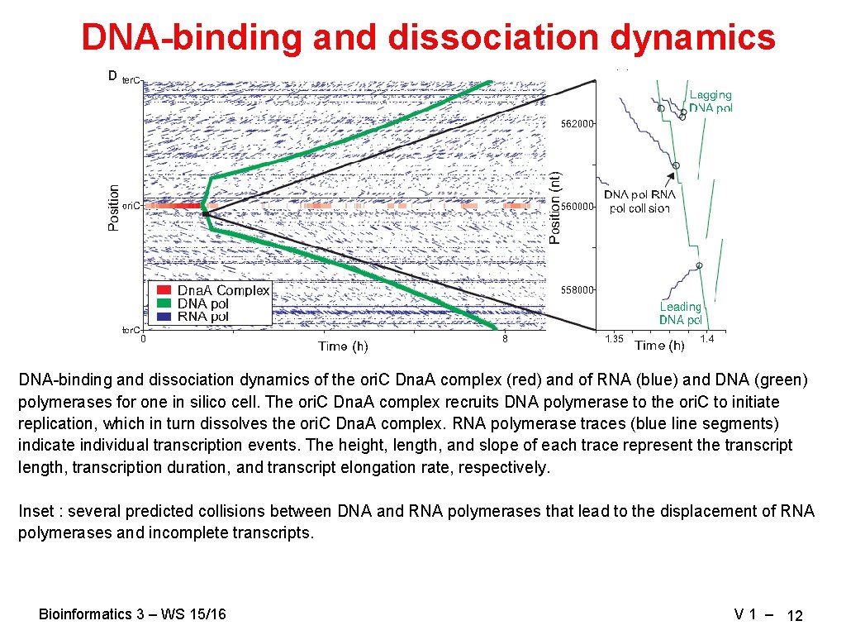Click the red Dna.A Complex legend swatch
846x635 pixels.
[x=164, y=290]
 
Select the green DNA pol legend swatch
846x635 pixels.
[x=164, y=303]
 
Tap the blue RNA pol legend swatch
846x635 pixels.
[x=164, y=316]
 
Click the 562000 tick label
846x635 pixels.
[x=577, y=124]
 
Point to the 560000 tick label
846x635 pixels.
[x=577, y=207]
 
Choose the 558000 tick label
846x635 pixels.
[x=577, y=290]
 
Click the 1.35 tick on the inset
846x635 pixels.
[x=614, y=340]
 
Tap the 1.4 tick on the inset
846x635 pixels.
[x=706, y=340]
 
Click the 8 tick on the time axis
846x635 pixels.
[x=505, y=338]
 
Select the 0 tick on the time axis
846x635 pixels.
[x=143, y=338]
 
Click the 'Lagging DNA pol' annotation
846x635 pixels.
[x=711, y=102]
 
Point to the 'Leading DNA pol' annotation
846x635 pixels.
[x=681, y=313]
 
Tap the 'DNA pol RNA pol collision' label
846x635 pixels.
[x=639, y=202]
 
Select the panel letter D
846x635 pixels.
[x=112, y=76]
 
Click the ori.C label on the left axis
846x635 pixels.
[x=131, y=205]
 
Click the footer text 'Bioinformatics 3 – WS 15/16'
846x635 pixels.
[x=132, y=614]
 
